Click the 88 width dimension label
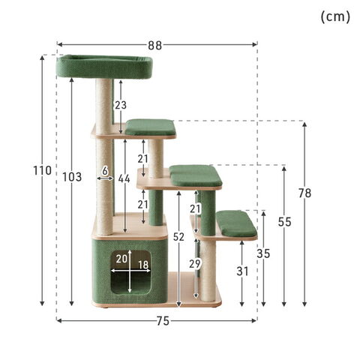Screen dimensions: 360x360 tap(155, 46)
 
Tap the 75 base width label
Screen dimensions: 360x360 tap(163, 321)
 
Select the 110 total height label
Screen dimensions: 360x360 tap(42, 170)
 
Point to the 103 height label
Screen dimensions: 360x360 tap(72, 177)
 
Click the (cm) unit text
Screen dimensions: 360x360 tap(335, 17)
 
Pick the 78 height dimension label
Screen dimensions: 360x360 tap(304, 193)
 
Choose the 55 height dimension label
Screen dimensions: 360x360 tap(285, 222)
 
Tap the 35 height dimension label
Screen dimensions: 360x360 tap(263, 253)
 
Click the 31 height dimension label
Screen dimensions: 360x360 tap(242, 271)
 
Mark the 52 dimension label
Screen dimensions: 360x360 tap(178, 237)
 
